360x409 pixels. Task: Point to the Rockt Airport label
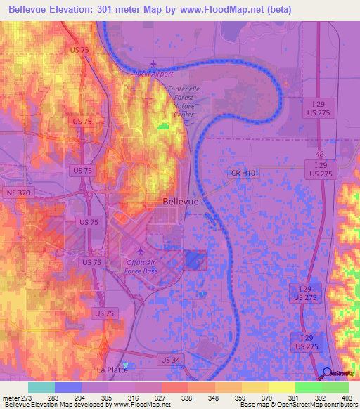[153, 73]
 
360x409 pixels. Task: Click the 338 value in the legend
[188, 397]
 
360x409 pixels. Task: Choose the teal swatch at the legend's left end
[41, 387]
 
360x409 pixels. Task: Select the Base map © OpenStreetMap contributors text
[298, 405]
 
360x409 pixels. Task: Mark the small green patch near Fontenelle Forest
[163, 126]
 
